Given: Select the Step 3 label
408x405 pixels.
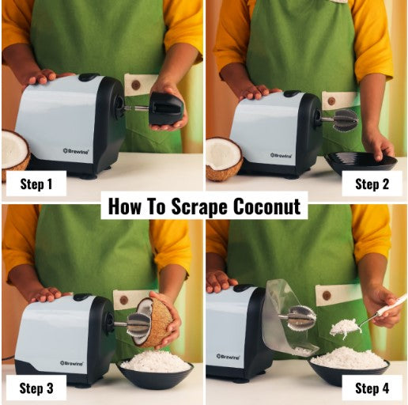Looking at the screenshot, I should (36, 388).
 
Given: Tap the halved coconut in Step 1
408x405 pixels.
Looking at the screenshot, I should (13, 151).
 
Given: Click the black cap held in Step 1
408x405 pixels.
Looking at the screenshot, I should (166, 108).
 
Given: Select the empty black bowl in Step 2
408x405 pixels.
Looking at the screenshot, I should (361, 163).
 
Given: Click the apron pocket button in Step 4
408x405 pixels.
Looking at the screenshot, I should (326, 295).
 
